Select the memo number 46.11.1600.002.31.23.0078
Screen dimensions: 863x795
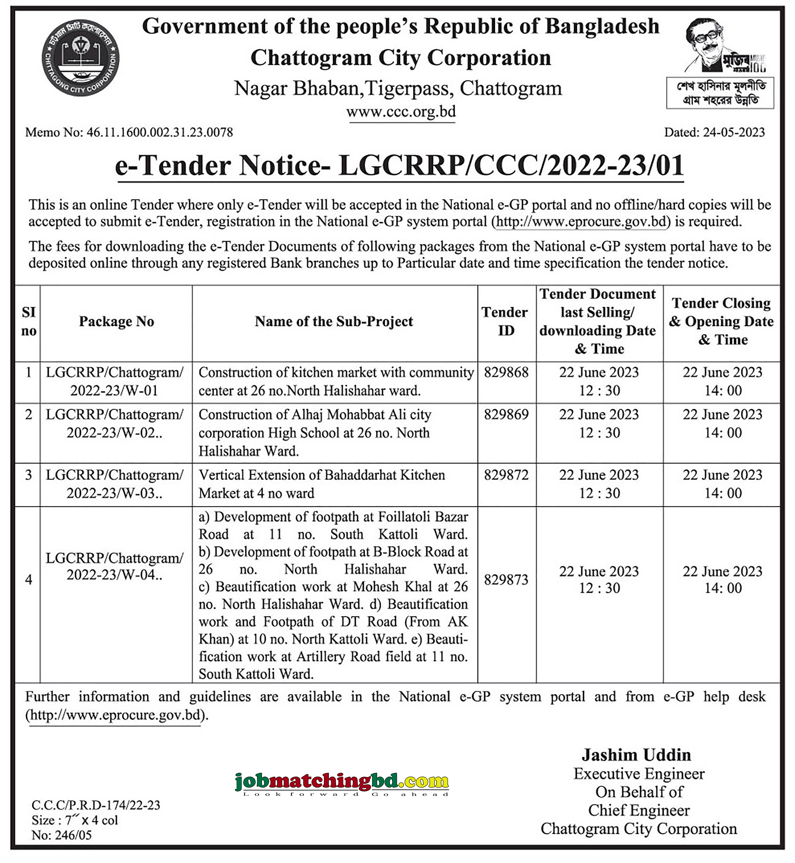coord(159,132)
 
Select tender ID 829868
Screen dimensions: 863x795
coord(506,372)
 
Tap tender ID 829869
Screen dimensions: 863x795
coord(506,414)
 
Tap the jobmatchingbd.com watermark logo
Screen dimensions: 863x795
coord(342,782)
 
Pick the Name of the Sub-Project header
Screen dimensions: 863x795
coord(334,322)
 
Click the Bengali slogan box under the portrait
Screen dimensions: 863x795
coord(720,93)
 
